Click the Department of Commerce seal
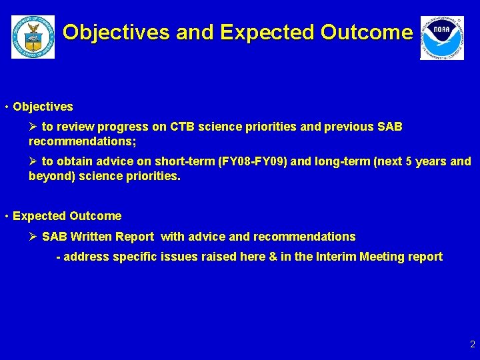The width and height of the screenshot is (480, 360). point(33,37)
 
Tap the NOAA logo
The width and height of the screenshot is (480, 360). point(441,38)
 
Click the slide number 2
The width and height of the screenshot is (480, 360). point(472,345)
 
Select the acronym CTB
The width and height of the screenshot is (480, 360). point(183,127)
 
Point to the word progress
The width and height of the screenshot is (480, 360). point(120,127)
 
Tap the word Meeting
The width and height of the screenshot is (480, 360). point(382,257)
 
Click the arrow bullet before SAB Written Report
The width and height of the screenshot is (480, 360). point(33,237)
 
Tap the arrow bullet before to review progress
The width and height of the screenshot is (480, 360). point(33,127)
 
